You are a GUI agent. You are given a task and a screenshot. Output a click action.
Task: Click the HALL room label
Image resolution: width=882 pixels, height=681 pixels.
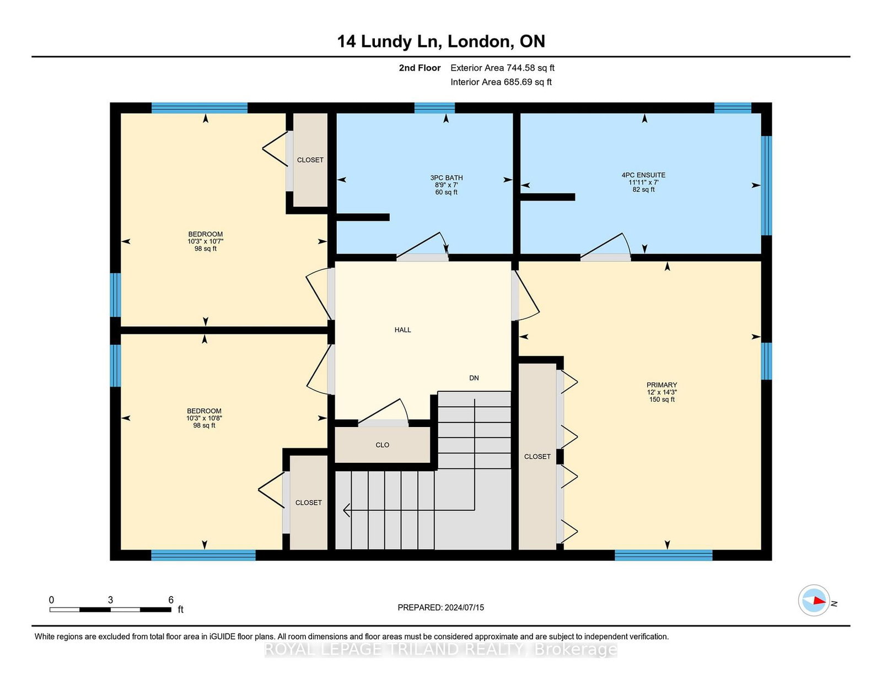(402, 329)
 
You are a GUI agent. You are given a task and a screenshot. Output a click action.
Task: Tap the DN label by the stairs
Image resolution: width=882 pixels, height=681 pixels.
(474, 378)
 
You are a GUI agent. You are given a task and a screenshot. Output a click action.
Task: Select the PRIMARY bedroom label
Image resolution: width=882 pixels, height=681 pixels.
(661, 385)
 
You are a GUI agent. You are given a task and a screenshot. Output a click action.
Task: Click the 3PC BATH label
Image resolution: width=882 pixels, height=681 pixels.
(446, 177)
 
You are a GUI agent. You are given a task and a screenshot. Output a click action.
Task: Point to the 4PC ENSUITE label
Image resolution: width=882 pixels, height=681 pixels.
(643, 175)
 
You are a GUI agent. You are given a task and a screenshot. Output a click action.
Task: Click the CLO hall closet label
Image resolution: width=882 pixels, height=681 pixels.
(383, 445)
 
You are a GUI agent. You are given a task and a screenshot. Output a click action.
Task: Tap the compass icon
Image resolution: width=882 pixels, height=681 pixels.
(814, 601)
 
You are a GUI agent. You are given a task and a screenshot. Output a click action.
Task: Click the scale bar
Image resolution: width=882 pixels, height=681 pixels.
(110, 609)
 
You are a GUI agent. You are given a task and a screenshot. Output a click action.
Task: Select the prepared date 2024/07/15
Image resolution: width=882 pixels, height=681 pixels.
(464, 608)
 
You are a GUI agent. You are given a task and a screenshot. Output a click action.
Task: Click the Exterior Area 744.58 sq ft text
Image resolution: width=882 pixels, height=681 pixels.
(503, 68)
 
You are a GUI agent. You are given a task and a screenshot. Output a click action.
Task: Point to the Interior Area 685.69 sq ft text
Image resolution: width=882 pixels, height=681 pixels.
(501, 82)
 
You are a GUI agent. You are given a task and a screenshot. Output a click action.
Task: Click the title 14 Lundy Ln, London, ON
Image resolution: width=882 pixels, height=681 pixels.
(441, 41)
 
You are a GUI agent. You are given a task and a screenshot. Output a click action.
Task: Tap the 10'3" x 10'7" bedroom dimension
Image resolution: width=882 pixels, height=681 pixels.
(206, 241)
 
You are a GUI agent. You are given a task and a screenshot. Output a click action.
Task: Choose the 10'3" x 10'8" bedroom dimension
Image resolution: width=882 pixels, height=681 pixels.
(204, 418)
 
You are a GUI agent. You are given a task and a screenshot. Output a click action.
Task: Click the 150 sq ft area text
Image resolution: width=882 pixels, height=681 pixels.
(661, 399)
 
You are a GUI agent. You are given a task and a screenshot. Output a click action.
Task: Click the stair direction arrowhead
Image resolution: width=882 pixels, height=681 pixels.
(346, 510)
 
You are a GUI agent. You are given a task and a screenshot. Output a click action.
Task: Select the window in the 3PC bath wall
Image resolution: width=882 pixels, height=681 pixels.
(434, 108)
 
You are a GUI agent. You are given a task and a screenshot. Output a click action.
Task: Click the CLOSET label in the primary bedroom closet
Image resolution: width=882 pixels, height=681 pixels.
(537, 457)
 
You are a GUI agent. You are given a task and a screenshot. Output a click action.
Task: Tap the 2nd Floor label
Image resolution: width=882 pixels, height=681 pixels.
(420, 68)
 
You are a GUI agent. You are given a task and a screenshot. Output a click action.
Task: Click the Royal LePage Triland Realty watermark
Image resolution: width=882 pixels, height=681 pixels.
(441, 650)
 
